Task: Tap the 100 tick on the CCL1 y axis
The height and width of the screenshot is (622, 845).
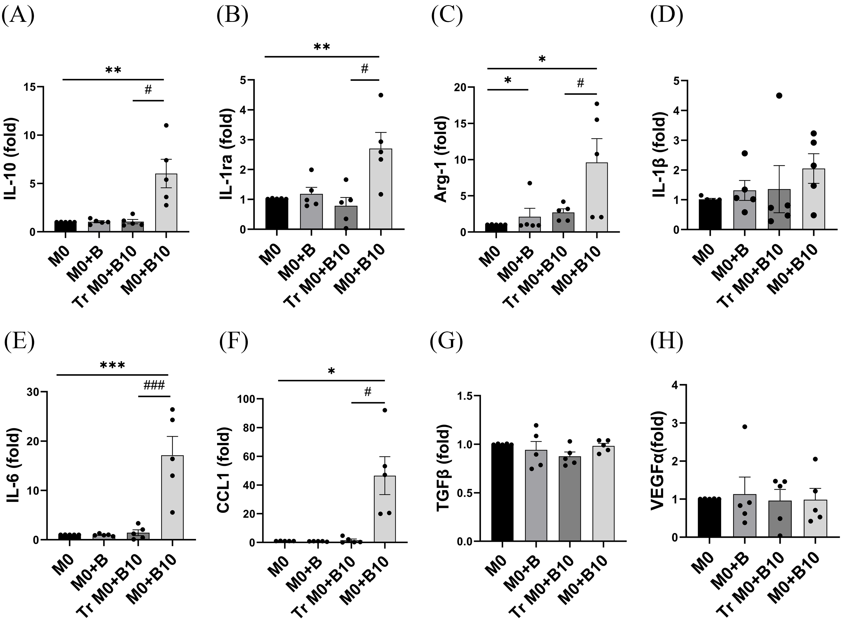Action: coord(244,399)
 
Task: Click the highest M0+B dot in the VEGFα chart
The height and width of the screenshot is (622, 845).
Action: coord(745,427)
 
